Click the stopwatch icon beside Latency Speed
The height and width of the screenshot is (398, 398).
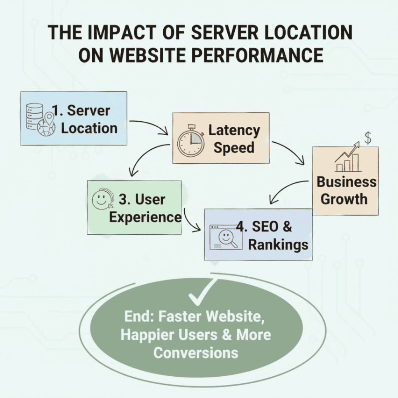pos(190,140)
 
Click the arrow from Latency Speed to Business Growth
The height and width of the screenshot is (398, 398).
pos(290,152)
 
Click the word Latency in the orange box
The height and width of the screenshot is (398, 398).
pos(234,130)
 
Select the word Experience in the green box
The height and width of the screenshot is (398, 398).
pos(145,217)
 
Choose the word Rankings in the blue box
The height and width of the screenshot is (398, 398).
pos(278,244)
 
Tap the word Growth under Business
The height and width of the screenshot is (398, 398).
pos(344,199)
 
